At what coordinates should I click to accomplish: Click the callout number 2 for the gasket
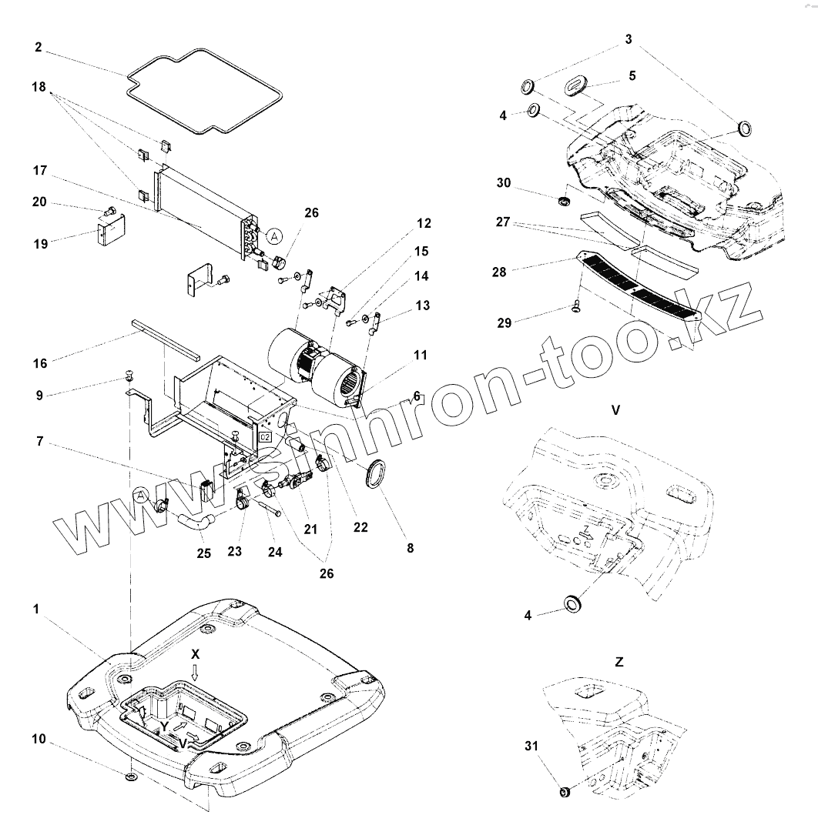pos(39,47)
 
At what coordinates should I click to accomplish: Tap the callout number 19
pos(40,243)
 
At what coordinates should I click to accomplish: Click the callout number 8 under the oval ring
pos(410,548)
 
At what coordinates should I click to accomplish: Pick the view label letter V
pos(615,410)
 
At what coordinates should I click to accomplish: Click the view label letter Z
pos(619,661)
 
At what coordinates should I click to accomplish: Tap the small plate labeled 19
pos(112,232)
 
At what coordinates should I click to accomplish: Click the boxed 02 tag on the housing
pos(265,436)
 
